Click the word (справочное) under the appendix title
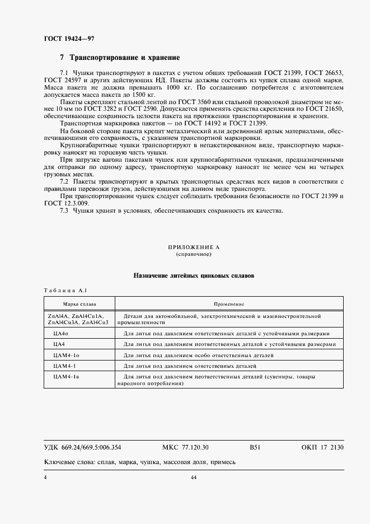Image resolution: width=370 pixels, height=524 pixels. [x=194, y=254]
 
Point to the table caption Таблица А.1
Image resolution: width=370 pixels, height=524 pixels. [x=62, y=290]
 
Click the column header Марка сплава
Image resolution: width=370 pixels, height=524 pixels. [x=79, y=304]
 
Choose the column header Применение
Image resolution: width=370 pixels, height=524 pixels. [x=229, y=304]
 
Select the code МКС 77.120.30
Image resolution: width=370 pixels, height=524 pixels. [x=185, y=447]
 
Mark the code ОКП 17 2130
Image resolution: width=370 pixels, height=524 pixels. [x=322, y=447]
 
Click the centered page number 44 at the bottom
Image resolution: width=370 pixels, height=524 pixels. [x=194, y=477]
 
